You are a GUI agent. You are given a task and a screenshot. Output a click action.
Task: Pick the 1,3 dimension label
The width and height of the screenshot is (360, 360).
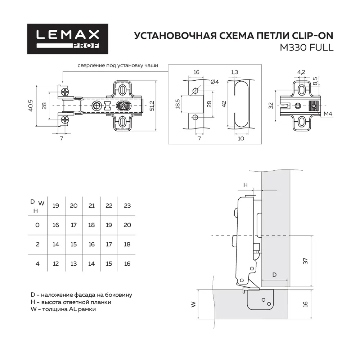click(x=235, y=72)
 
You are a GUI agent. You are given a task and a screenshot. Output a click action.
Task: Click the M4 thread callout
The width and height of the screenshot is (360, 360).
click(x=327, y=114)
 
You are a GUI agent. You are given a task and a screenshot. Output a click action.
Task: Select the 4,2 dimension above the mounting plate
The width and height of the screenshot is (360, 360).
click(x=301, y=72)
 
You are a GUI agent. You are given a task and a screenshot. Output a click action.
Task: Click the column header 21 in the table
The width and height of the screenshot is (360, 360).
click(x=91, y=206)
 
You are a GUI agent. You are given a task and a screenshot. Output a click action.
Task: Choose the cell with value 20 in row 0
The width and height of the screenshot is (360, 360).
click(x=127, y=225)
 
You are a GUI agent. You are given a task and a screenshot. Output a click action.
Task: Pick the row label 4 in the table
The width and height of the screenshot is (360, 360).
click(x=37, y=264)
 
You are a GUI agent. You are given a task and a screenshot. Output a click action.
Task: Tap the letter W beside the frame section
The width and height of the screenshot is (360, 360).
click(x=194, y=304)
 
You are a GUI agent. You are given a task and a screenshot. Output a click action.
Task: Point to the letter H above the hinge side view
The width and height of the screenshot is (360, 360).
click(x=246, y=185)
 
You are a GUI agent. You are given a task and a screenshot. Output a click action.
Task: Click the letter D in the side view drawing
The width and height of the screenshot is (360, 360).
click(x=274, y=275)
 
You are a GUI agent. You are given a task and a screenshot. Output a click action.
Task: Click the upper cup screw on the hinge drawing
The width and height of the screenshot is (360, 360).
click(x=65, y=92)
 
